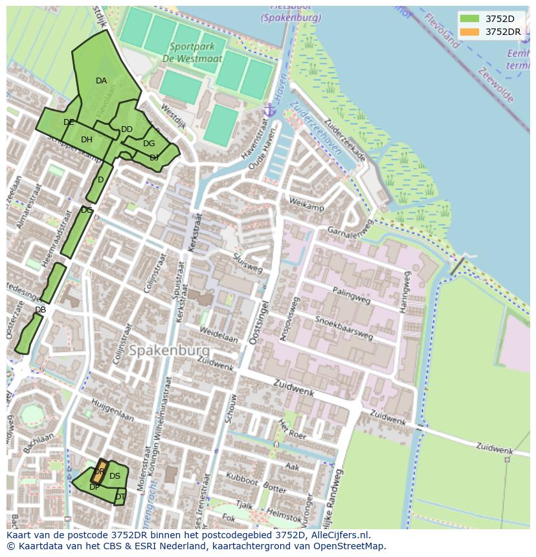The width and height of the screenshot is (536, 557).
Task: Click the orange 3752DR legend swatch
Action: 470,32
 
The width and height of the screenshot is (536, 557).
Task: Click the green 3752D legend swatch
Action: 470,19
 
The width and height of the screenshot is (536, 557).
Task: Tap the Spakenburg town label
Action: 169,350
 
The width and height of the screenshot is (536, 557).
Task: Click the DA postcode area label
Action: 101,81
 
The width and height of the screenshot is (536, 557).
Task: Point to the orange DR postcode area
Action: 100,470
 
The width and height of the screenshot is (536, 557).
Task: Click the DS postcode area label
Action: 115,476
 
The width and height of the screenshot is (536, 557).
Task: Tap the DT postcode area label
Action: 120,497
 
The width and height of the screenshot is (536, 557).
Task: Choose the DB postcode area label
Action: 40,310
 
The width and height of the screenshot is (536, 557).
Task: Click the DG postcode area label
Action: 149,144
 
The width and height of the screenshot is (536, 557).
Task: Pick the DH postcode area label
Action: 87,140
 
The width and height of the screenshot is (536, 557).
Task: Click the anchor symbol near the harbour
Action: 271,111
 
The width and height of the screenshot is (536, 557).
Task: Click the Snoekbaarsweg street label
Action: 344,328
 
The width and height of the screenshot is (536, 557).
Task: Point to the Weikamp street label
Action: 306,206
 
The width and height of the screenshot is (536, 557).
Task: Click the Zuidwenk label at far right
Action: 494,448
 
